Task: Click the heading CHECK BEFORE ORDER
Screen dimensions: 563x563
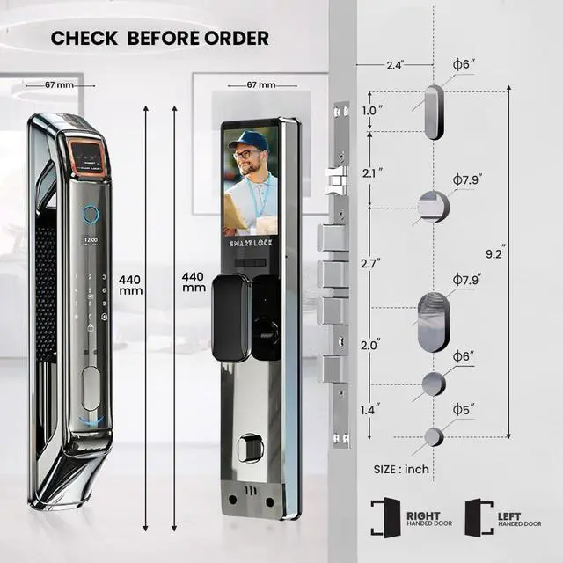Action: (x=159, y=39)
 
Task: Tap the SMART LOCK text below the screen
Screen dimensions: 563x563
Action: (x=252, y=243)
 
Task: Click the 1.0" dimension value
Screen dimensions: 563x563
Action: (x=373, y=112)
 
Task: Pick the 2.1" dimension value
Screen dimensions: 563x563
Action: (x=373, y=173)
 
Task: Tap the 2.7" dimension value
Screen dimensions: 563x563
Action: (x=373, y=262)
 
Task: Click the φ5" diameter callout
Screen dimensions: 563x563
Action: (x=463, y=411)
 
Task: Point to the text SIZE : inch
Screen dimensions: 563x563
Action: (x=400, y=469)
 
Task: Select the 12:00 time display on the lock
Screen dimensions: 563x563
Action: (x=90, y=239)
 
